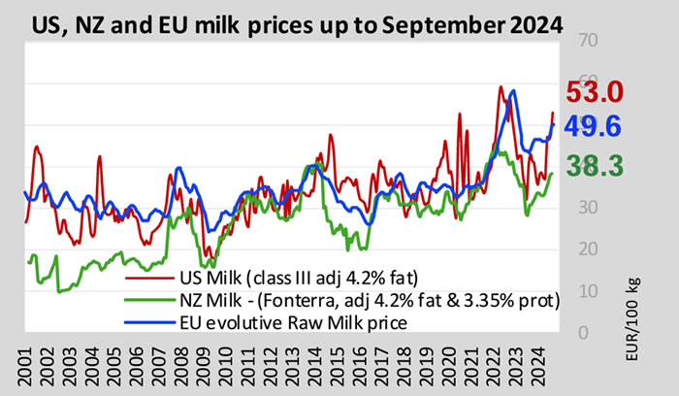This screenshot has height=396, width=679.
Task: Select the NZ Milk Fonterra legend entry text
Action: click(366, 300)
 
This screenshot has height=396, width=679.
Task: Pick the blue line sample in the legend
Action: click(155, 322)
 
